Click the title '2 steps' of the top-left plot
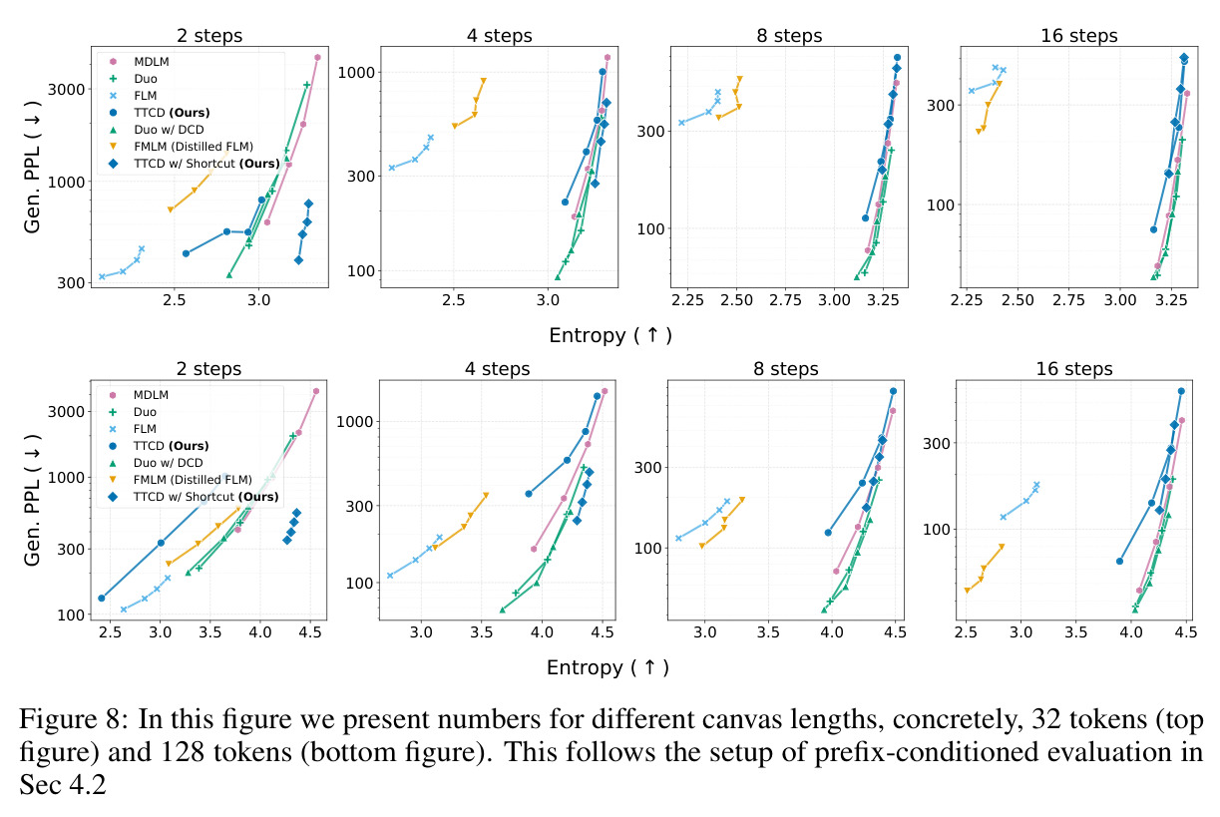[x=209, y=35]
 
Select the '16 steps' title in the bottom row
[x=1074, y=369]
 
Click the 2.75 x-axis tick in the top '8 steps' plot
[x=785, y=300]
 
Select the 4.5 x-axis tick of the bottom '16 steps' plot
[x=1186, y=632]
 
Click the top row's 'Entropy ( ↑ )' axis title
[x=610, y=335]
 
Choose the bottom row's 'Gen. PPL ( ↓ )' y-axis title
[x=32, y=500]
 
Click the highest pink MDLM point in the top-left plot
[x=317, y=57]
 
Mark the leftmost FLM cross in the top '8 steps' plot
[x=681, y=123]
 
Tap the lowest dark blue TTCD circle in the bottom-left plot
[x=102, y=599]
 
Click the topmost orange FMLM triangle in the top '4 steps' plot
[x=483, y=81]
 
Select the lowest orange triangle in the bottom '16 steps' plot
[x=968, y=590]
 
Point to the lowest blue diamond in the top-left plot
[x=298, y=259]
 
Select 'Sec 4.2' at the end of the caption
[x=63, y=785]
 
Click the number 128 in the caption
[x=183, y=752]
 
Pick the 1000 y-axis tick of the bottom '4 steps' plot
[x=354, y=422]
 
